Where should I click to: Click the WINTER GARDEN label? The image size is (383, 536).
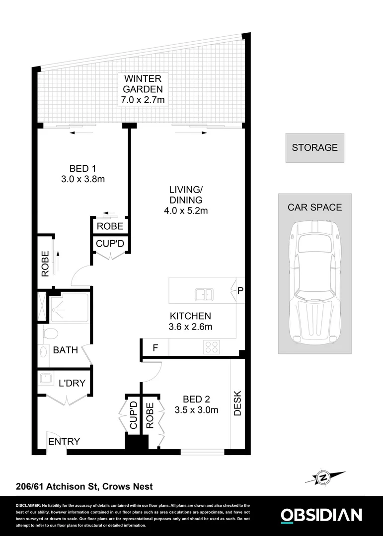click(144, 84)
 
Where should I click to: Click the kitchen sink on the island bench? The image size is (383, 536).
click(204, 294)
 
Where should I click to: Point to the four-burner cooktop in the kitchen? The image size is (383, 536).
click(212, 346)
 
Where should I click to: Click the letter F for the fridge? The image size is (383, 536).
click(155, 347)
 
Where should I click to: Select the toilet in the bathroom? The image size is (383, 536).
click(50, 333)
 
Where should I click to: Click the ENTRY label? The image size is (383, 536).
click(64, 442)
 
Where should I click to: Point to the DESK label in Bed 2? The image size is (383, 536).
click(237, 403)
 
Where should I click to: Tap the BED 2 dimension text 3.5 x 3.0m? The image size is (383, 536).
click(196, 410)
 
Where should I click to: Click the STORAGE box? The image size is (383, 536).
click(314, 147)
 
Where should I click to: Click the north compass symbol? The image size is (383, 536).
click(323, 478)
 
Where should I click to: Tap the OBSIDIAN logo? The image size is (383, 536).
click(321, 515)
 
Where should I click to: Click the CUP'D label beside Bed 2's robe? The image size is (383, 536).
click(133, 416)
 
